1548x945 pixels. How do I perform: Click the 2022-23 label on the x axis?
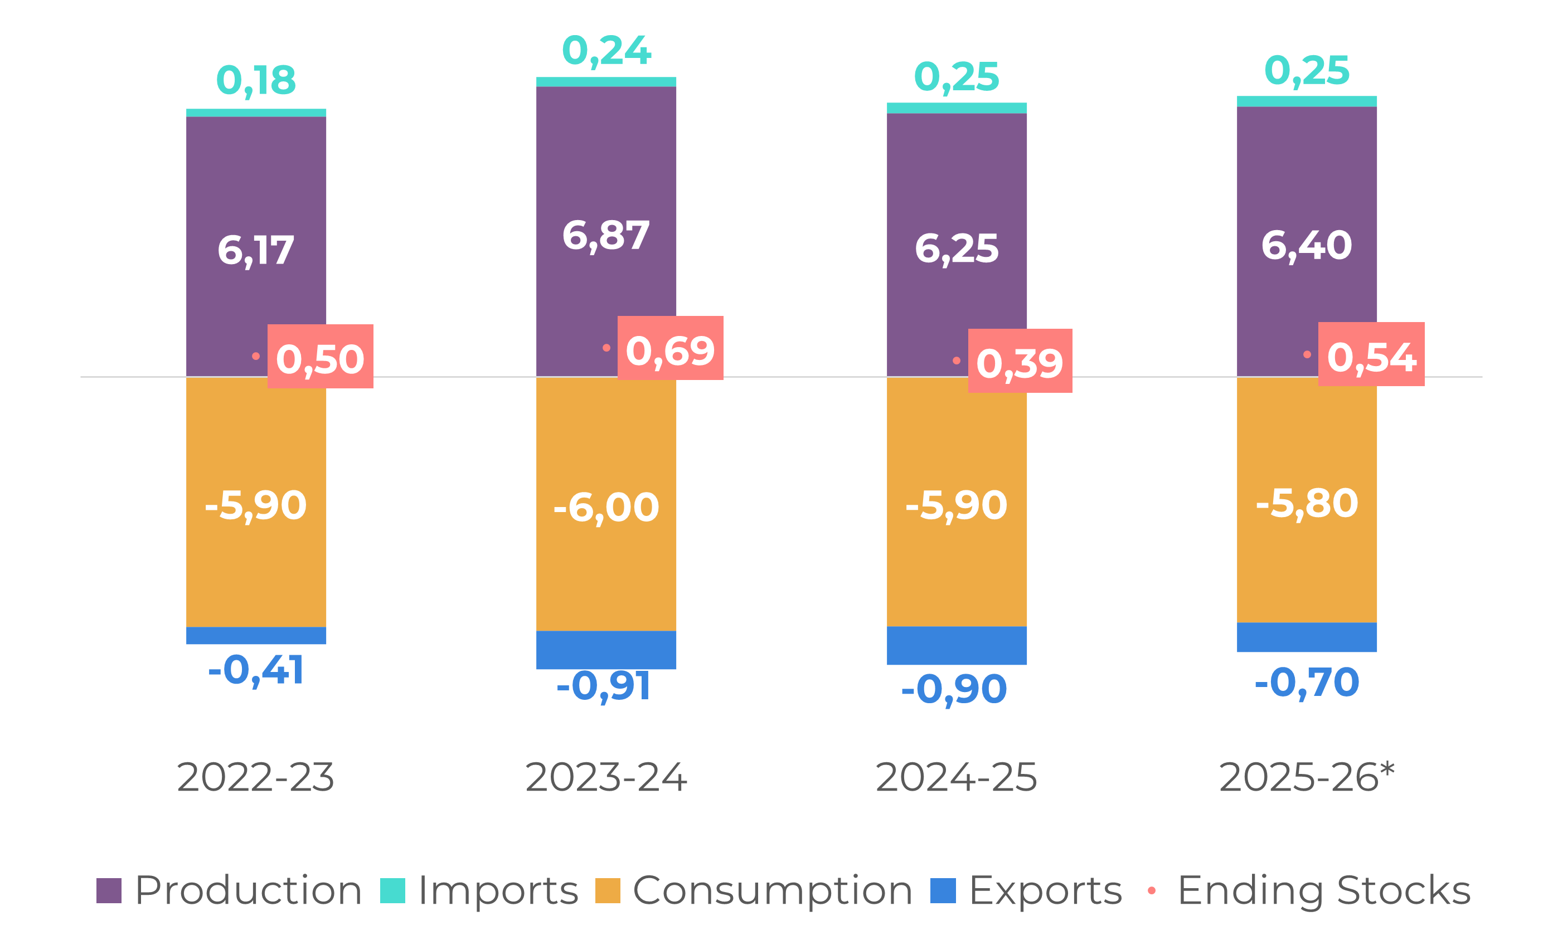255,777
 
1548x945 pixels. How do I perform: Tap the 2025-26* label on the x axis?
1306,777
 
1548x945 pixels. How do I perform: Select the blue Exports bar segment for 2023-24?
606,650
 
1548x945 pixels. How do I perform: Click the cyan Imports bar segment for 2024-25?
957,108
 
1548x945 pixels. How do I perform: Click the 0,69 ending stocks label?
671,350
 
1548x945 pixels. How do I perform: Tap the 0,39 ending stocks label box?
1020,362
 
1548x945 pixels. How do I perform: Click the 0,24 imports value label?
606,50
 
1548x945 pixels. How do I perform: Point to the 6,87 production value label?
606,236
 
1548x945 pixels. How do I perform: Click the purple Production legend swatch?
108,890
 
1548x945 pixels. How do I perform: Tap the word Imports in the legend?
498,890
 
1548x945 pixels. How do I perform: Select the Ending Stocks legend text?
1324,890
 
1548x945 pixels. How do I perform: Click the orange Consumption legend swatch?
608,890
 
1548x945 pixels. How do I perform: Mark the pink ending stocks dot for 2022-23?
256,356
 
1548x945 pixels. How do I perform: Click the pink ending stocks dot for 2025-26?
1307,354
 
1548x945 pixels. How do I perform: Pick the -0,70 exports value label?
1307,683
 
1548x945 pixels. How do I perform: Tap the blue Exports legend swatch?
943,890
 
